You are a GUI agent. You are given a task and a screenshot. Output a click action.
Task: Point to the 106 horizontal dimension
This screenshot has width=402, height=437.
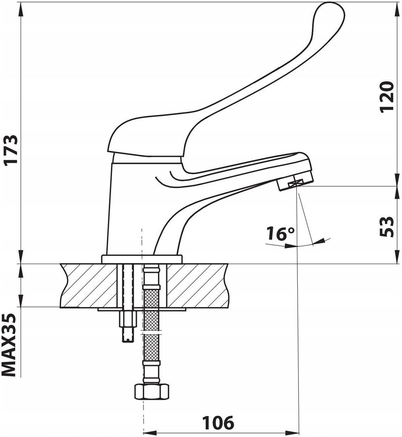pos(218,423)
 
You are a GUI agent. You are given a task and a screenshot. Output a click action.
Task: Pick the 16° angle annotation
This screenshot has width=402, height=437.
pos(280,234)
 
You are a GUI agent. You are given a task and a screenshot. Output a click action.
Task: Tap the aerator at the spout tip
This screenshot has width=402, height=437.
pos(295,184)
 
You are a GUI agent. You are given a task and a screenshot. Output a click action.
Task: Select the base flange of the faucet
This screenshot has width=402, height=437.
pos(141,259)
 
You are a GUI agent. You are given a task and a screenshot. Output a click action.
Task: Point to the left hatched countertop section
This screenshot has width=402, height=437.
pos(89,286)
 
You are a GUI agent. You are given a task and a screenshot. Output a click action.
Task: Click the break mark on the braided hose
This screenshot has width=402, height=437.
pos(152,332)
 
